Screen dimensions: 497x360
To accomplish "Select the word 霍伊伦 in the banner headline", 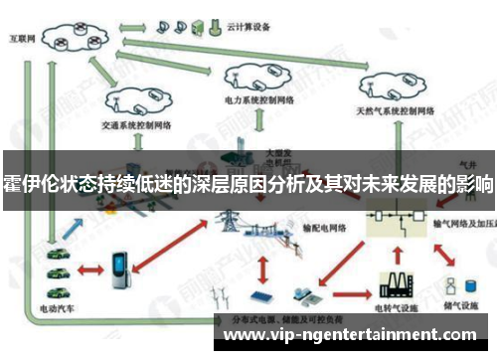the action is [27, 184].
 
